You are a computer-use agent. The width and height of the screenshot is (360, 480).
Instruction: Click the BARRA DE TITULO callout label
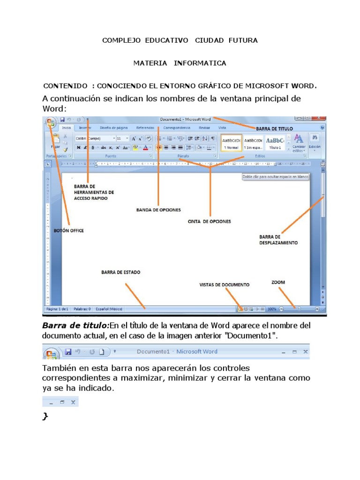pos(274,128)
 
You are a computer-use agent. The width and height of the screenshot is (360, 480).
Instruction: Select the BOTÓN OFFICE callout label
pos(69,231)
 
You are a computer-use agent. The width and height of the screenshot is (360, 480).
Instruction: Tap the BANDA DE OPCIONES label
pos(158,210)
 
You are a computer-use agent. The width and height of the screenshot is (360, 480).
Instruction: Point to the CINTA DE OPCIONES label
pos(209,221)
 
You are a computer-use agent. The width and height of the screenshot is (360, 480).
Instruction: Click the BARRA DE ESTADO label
pos(120,272)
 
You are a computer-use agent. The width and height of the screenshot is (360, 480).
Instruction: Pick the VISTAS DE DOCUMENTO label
pos(225,285)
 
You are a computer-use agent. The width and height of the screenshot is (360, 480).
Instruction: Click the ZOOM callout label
pos(278,282)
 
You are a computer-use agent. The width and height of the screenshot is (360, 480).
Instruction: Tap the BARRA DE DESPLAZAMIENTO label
pos(278,240)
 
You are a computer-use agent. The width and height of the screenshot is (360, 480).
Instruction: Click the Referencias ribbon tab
pos(145,127)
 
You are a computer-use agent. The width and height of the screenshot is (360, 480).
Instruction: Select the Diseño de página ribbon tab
pos(113,127)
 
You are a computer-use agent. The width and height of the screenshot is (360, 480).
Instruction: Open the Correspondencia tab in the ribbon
pos(177,127)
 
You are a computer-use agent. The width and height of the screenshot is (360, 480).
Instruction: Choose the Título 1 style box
pos(275,143)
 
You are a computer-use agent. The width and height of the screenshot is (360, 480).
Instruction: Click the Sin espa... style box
pos(253,143)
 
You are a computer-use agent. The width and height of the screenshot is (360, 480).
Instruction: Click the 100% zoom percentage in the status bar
pos(272,309)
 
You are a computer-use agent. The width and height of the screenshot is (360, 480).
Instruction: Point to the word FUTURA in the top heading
pos(243,40)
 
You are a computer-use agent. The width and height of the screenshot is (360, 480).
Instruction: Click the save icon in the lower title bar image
pos(68,352)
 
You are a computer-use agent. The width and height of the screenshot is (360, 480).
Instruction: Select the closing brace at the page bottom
pos(45,417)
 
